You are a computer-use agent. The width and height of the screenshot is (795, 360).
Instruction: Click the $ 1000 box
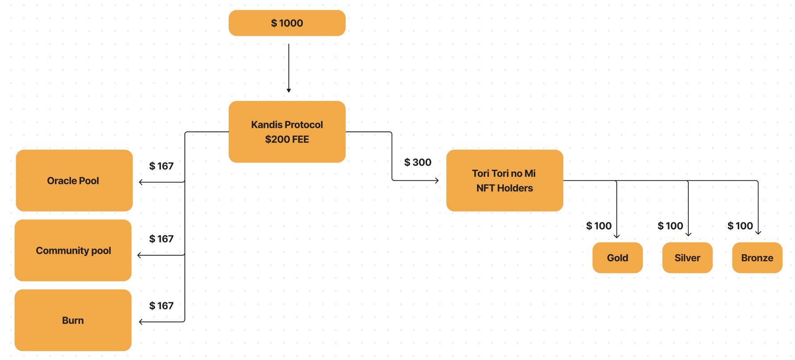pos(287,23)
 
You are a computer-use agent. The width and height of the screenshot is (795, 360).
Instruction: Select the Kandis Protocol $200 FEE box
pos(287,132)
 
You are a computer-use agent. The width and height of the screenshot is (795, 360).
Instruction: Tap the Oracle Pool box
pos(74,180)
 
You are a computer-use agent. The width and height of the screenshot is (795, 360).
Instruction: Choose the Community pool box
pos(73,251)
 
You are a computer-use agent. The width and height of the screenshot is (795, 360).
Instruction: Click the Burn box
pos(73,320)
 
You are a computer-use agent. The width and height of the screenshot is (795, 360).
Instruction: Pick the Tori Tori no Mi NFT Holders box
pos(504,180)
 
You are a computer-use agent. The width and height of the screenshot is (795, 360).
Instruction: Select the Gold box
pos(617,258)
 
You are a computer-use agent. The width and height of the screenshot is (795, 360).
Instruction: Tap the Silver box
pos(687,258)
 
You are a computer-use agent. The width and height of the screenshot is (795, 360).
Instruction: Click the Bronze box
pos(757,258)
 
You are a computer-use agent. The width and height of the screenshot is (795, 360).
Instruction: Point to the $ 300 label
pos(418,162)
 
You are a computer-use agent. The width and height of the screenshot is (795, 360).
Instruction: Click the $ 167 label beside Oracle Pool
pos(161,166)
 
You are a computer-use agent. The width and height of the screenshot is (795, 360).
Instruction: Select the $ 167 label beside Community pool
pos(161,239)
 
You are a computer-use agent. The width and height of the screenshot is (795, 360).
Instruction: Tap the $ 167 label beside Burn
pos(161,306)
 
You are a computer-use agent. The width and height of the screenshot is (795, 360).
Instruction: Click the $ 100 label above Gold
pos(598,226)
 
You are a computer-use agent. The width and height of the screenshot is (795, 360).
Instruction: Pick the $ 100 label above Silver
pos(670,226)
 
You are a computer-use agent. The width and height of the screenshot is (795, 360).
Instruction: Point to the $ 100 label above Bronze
pos(740,226)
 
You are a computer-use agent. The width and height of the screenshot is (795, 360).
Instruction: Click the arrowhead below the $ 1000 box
pos(289,90)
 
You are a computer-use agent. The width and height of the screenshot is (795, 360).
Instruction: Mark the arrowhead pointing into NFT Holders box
pos(437,180)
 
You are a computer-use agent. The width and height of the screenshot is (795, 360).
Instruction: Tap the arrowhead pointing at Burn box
pos(141,322)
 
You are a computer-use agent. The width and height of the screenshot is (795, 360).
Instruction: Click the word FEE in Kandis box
pos(300,139)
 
